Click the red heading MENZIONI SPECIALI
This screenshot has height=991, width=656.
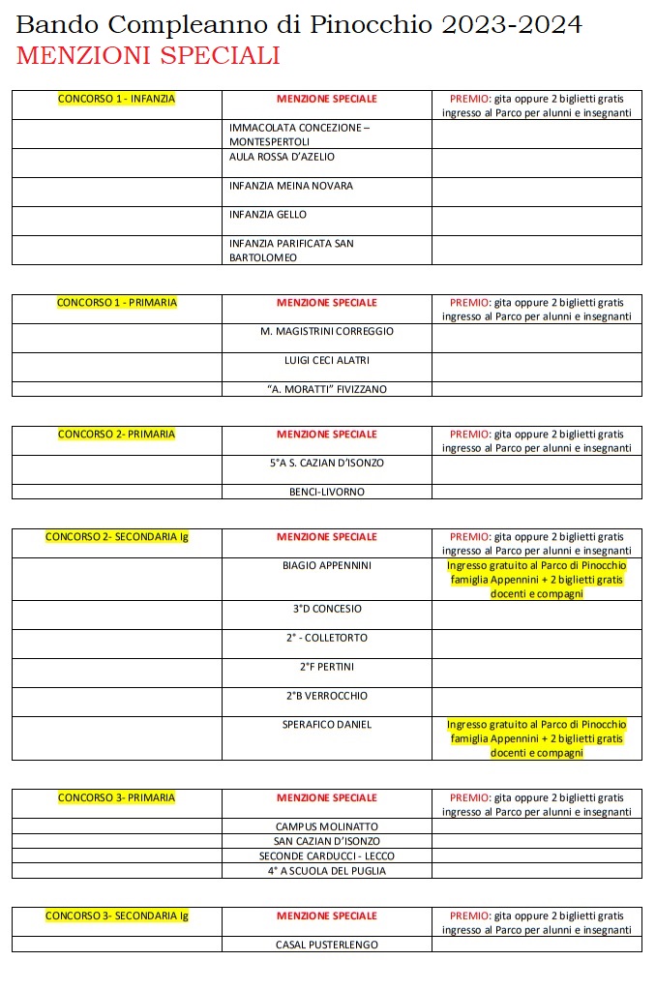pos(148,56)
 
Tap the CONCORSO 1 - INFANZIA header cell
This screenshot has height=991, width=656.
pos(116,99)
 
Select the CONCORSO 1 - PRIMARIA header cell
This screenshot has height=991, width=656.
pos(116,303)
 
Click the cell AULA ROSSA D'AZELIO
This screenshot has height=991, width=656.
pos(283,157)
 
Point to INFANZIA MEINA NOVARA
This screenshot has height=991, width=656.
pos(290,186)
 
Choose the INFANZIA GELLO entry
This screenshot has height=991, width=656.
pos(267,215)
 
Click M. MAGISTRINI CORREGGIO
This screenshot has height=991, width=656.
pos(327,332)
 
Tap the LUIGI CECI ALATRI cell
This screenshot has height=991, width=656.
pos(327,361)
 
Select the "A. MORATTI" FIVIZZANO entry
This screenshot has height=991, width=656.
pos(327,390)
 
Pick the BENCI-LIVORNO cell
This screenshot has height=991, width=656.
pos(327,493)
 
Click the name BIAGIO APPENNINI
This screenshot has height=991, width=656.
pos(327,565)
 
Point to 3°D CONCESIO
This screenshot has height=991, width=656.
pos(327,610)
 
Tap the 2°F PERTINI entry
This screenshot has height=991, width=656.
pos(327,668)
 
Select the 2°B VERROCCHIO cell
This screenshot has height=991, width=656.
pos(327,697)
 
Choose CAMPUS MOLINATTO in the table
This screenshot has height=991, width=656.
pos(327,827)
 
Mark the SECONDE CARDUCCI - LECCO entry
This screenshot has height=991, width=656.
pos(327,856)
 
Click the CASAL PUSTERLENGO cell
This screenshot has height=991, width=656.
pos(327,945)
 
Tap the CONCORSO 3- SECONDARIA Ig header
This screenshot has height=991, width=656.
pos(116,916)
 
